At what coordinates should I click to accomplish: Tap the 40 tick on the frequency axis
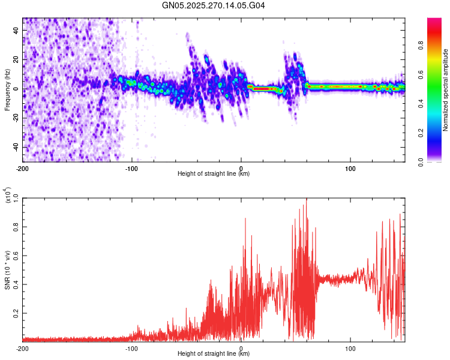pyautogui.click(x=17, y=31)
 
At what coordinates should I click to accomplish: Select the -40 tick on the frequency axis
pyautogui.click(x=16, y=147)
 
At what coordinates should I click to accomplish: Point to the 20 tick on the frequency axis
pyautogui.click(x=17, y=60)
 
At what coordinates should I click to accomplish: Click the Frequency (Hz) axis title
pyautogui.click(x=7, y=89)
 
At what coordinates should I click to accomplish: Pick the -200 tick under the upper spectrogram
pyautogui.click(x=23, y=168)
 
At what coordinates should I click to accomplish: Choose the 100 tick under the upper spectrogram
pyautogui.click(x=350, y=168)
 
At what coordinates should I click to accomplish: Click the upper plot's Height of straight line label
pyautogui.click(x=214, y=174)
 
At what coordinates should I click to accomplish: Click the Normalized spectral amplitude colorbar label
pyautogui.click(x=446, y=90)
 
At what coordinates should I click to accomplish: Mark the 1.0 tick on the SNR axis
pyautogui.click(x=16, y=198)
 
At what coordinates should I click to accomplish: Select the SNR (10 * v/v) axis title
pyautogui.click(x=7, y=269)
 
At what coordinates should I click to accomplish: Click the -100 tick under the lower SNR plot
pyautogui.click(x=131, y=348)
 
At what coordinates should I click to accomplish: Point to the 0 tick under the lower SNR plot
pyautogui.click(x=241, y=348)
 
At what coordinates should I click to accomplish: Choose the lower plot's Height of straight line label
pyautogui.click(x=214, y=354)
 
